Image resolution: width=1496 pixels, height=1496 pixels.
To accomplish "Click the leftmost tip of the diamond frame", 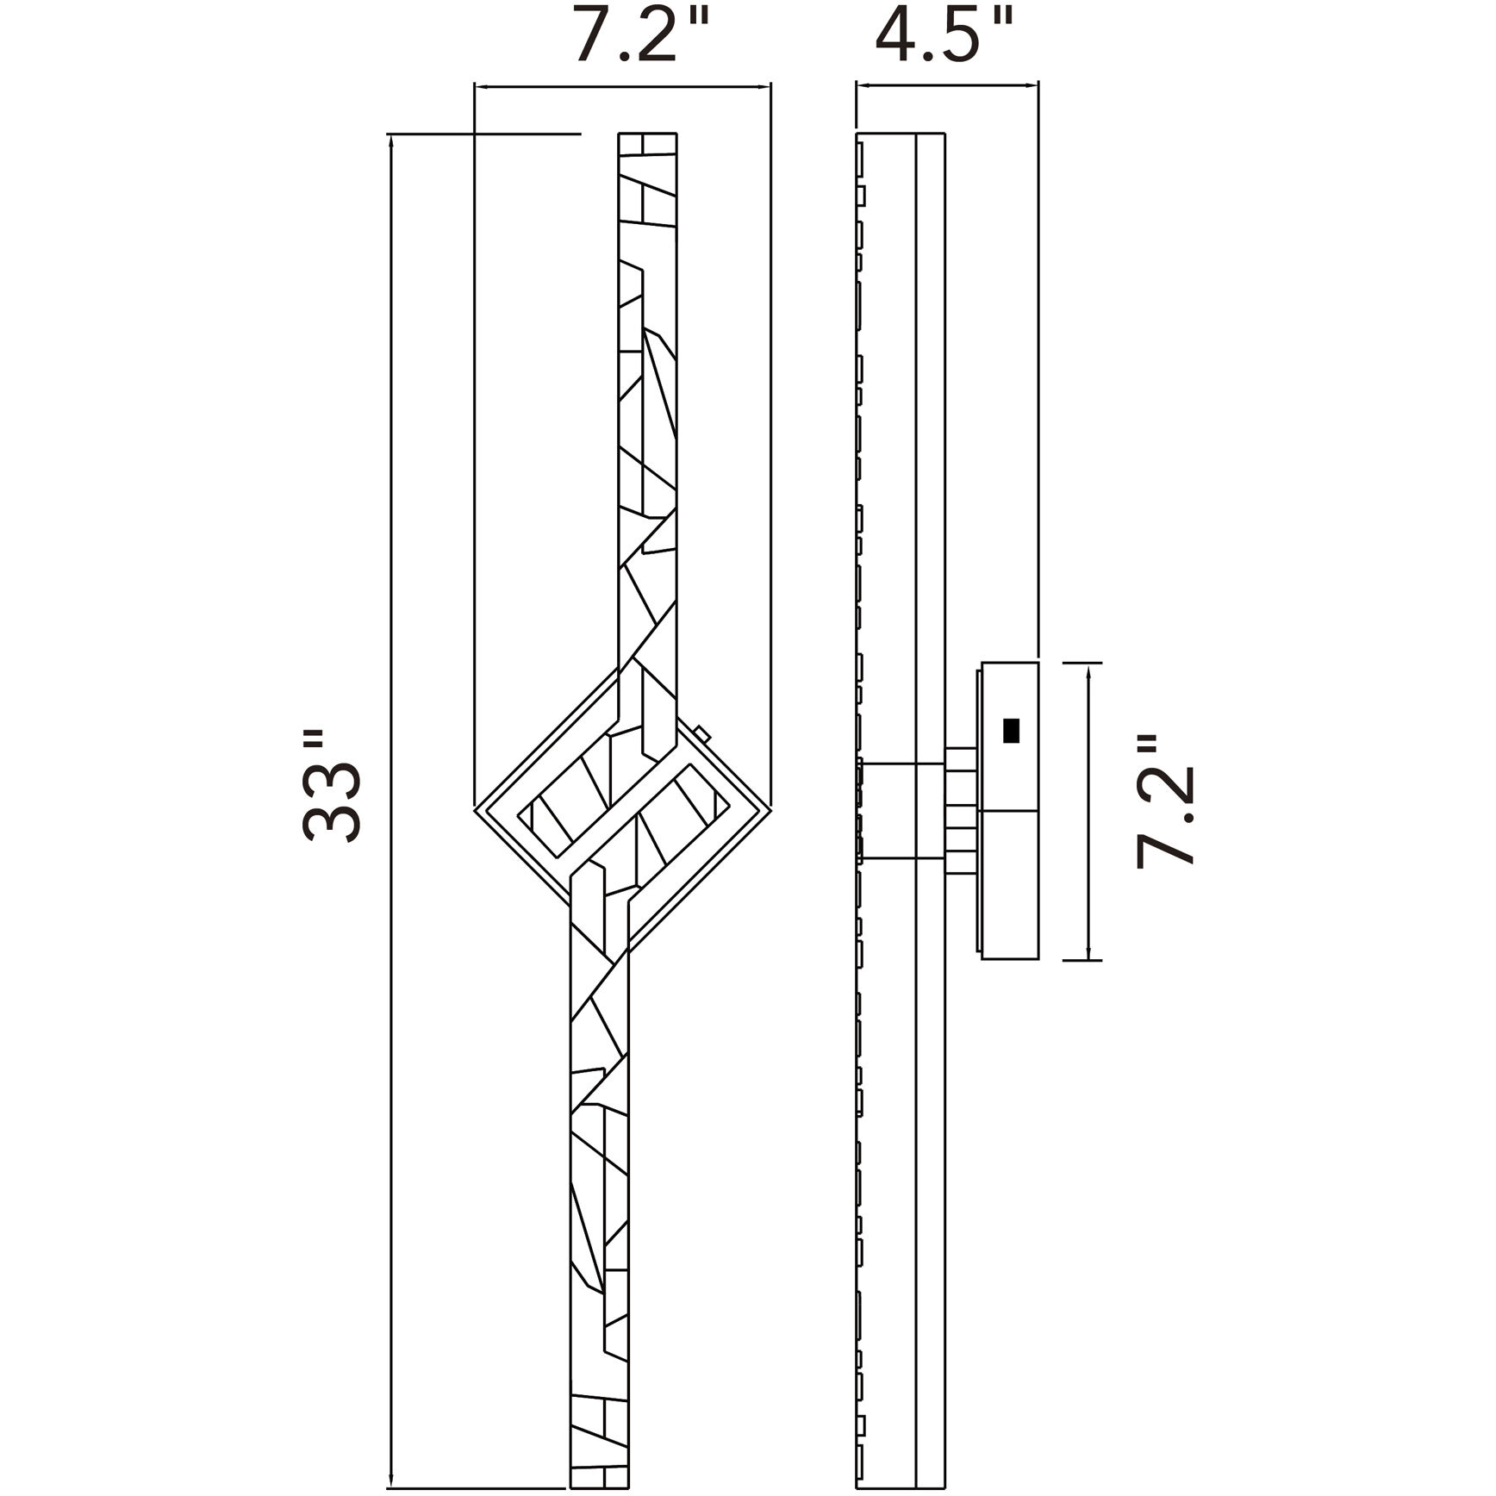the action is [x=475, y=808].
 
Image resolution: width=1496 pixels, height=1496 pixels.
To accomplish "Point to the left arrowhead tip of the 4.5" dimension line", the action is [x=856, y=85].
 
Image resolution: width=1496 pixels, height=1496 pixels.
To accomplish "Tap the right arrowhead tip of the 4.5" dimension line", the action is [x=1038, y=85].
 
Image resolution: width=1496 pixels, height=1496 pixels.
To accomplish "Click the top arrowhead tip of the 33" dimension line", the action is [x=392, y=135].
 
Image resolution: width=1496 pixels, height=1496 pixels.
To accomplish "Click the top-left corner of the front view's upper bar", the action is [x=619, y=134].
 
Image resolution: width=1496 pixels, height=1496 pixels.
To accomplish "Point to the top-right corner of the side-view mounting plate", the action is [x=1037, y=663].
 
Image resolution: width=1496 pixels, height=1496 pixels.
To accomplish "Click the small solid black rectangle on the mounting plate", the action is [x=1011, y=731].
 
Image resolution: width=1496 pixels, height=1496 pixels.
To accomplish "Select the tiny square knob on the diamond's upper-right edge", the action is [x=702, y=734].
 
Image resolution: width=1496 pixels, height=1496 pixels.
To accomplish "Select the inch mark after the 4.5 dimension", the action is [x=1001, y=19].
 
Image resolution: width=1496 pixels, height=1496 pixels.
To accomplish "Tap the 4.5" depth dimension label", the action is [x=944, y=34].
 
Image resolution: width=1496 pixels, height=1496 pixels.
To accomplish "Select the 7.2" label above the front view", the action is [x=641, y=34].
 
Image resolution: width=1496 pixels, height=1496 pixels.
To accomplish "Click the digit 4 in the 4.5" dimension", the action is [x=899, y=35].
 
